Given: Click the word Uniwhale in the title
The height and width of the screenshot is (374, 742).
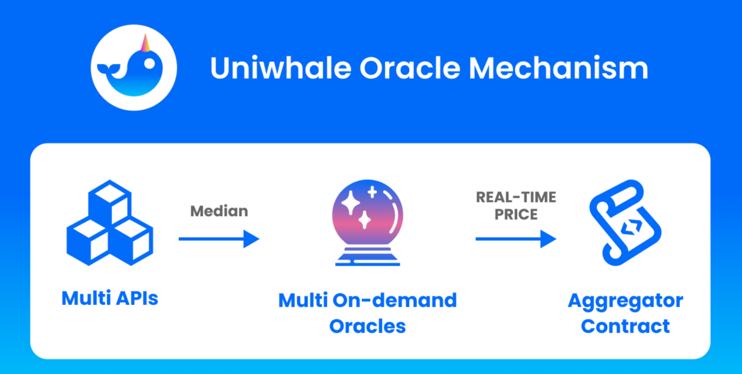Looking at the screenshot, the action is [281, 68].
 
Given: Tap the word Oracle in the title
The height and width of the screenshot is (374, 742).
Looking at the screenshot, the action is [410, 68].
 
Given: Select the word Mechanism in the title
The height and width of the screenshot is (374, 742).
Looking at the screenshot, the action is [559, 68].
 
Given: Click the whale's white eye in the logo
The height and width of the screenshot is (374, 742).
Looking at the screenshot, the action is [149, 63].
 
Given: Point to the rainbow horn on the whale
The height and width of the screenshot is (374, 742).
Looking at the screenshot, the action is [145, 43].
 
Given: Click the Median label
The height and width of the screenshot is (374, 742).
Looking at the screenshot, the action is [219, 211].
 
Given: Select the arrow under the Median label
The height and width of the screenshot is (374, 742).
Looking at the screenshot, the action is [219, 239].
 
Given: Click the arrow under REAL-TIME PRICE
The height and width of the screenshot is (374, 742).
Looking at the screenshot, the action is [516, 239].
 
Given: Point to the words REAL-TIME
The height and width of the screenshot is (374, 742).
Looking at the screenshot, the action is [516, 197].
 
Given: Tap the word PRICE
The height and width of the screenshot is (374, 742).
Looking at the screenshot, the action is [516, 215].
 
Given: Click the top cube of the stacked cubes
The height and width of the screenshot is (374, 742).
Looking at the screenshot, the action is [110, 202].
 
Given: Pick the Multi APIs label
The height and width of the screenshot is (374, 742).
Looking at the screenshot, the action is [110, 298].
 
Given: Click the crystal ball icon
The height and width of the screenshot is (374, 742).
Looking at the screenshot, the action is [367, 223].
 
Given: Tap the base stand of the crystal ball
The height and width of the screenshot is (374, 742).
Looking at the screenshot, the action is [367, 257].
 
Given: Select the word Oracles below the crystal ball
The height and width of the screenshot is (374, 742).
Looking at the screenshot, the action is [367, 327].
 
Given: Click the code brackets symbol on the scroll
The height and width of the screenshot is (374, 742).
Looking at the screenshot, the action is [631, 227].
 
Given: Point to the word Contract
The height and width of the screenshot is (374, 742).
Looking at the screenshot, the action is [625, 327].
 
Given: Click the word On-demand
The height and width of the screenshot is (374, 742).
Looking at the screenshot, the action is [394, 300].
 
